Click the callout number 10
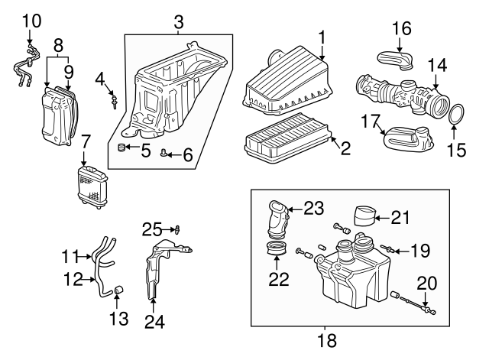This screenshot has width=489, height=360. point(32,21)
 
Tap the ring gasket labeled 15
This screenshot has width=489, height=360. point(449,114)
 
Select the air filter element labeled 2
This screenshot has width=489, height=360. point(287,138)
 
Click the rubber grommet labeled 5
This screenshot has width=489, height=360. point(121,148)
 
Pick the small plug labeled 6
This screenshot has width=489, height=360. point(164,153)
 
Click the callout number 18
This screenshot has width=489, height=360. point(327,341)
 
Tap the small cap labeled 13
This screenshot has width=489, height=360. point(118,290)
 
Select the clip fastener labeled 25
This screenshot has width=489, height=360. point(178,230)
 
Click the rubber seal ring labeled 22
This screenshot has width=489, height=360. point(276,248)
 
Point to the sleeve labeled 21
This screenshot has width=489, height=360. point(364,216)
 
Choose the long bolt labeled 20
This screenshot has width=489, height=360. point(416,305)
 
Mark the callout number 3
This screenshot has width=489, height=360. point(178,22)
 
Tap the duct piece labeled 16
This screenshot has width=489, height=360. point(396,60)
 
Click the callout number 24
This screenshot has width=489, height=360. point(154,321)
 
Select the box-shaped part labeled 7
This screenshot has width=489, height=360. point(92,187)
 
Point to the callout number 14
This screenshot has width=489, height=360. point(437,66)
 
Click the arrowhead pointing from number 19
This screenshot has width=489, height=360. point(396,251)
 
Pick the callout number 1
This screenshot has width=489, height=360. point(322,37)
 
